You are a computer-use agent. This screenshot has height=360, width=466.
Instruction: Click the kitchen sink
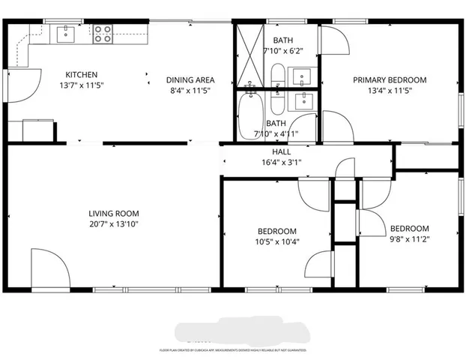pyautogui.click(x=66, y=32)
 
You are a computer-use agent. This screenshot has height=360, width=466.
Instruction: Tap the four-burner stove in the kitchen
pyautogui.click(x=103, y=33)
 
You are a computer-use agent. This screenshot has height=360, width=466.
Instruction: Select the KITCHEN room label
pyautogui.click(x=82, y=74)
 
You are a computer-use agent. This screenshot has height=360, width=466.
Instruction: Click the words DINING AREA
pyautogui.click(x=190, y=79)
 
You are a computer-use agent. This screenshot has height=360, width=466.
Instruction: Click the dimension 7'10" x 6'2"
pyautogui.click(x=282, y=51)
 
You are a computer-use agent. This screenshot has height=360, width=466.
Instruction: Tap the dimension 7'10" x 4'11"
pyautogui.click(x=276, y=133)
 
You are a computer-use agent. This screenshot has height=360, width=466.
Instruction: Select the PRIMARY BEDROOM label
pyautogui.click(x=390, y=79)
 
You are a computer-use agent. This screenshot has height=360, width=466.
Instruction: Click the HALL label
pyautogui.click(x=282, y=151)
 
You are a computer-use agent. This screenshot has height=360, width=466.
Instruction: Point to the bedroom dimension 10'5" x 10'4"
pyautogui.click(x=277, y=241)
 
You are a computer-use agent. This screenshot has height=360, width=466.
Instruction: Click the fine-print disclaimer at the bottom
pyautogui.click(x=233, y=349)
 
